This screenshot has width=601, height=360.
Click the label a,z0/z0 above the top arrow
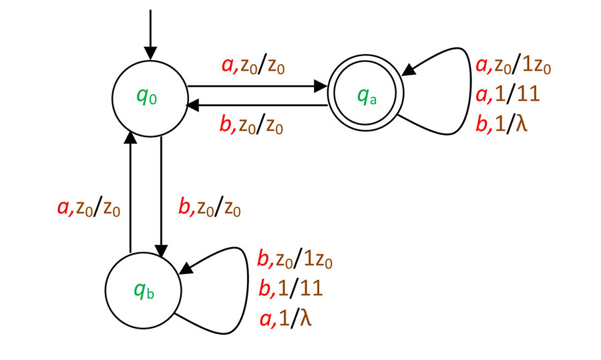(x=257, y=66)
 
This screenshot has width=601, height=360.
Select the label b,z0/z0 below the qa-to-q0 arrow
(x=257, y=126)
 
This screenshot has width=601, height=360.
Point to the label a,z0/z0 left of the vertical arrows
(x=89, y=209)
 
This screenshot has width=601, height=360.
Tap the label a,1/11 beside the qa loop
(x=507, y=95)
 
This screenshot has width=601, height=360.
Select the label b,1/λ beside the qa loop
(x=502, y=124)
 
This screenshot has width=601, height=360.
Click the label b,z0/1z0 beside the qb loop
(x=294, y=259)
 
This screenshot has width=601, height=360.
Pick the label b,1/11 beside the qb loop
(x=290, y=288)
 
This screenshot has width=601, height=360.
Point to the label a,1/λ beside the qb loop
(x=284, y=318)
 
